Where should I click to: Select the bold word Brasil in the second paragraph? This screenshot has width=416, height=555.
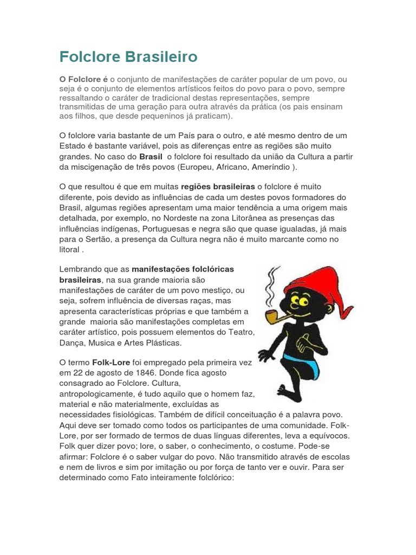click(151, 157)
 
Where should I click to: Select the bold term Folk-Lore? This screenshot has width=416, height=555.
click(110, 362)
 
